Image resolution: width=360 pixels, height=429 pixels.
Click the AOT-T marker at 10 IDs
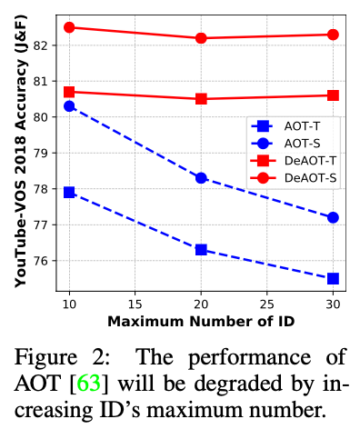[x=69, y=193]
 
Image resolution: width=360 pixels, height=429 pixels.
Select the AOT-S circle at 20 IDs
[x=201, y=178]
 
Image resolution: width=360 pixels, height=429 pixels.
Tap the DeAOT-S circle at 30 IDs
[x=333, y=35]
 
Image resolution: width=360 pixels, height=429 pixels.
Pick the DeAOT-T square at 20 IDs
[x=201, y=99]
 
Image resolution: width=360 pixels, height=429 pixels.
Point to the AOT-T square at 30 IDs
[x=333, y=278]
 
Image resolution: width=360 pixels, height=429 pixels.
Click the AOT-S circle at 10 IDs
[x=69, y=106]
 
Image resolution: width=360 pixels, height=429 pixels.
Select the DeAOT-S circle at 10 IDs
[x=69, y=27]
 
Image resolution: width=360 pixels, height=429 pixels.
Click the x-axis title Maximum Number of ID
[x=201, y=321]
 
